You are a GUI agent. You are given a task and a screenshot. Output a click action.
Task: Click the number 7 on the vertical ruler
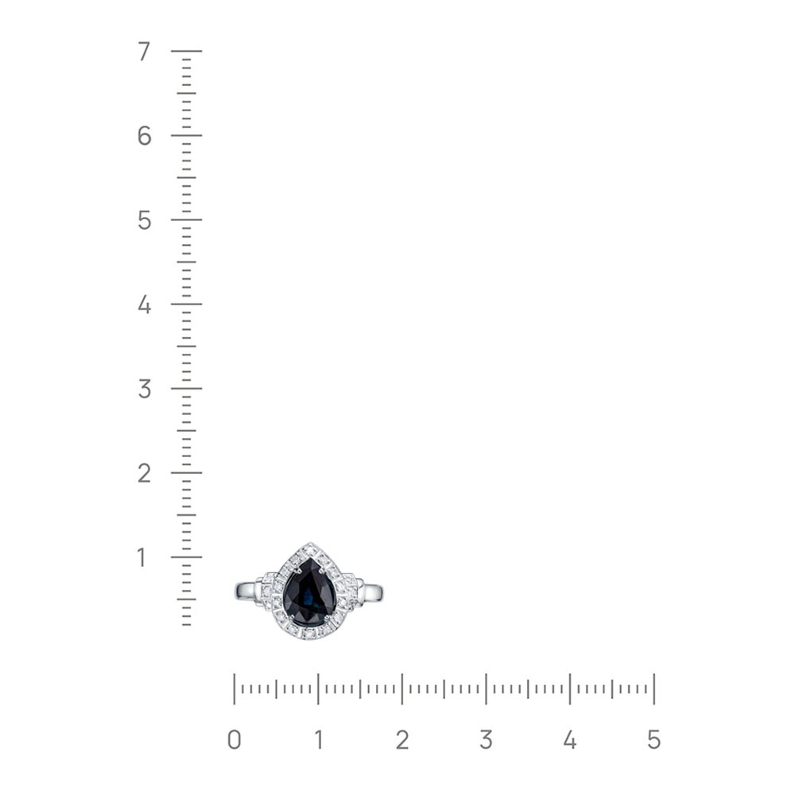(145, 51)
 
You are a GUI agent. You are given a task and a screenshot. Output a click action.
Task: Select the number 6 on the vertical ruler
(145, 136)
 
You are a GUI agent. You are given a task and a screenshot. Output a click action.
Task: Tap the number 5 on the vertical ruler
(145, 220)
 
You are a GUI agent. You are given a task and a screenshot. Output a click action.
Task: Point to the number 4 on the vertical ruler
(145, 304)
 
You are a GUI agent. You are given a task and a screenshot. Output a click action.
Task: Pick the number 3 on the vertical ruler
(145, 389)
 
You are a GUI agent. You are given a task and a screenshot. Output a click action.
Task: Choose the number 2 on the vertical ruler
(145, 473)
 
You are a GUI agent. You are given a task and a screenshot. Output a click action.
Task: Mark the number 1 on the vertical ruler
(142, 557)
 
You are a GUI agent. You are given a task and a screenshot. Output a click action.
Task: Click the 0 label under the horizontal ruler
(235, 740)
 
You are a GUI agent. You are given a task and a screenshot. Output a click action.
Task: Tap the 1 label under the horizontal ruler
(319, 740)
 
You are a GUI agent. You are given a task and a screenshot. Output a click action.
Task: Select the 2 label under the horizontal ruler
(402, 740)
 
